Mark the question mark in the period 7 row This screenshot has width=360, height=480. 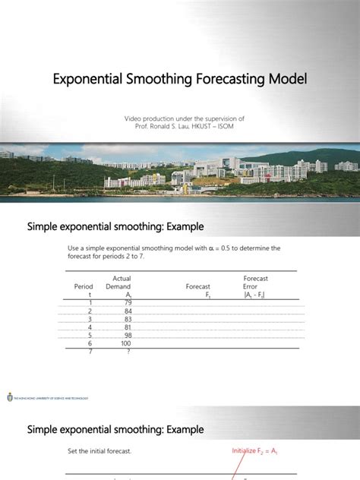[128, 351]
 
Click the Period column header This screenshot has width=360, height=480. [84, 287]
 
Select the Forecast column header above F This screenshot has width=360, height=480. [197, 287]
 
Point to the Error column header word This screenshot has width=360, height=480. [251, 287]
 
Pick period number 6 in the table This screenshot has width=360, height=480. [90, 343]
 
